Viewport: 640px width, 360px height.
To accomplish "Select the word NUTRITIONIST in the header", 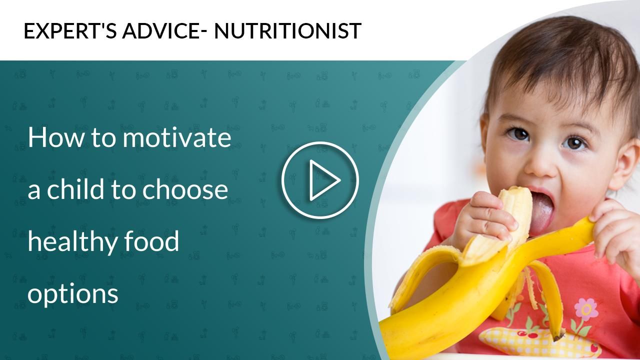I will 287,31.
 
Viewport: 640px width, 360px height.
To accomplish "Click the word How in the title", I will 50,138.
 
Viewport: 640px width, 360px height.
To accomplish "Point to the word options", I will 72,294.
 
